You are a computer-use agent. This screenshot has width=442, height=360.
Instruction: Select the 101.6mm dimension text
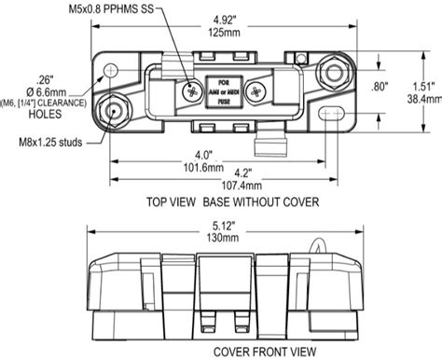[x=216, y=168]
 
